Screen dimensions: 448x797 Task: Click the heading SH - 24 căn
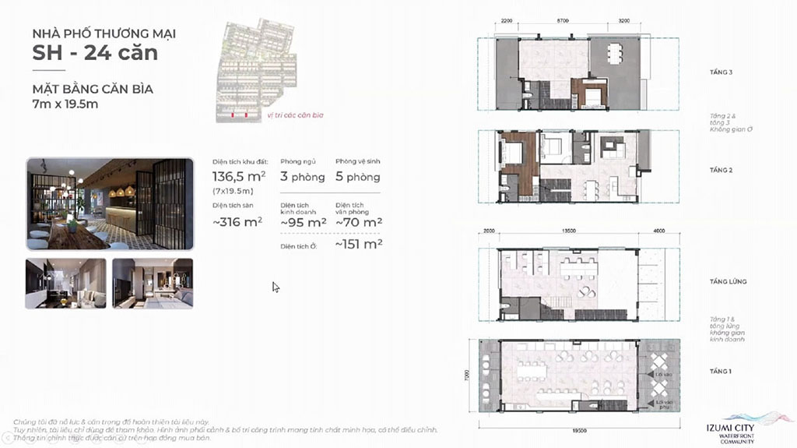pyautogui.click(x=95, y=53)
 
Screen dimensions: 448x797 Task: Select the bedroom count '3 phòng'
pyautogui.click(x=302, y=177)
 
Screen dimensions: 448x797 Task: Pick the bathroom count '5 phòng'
pyautogui.click(x=358, y=177)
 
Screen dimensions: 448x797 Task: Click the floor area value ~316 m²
pyautogui.click(x=237, y=222)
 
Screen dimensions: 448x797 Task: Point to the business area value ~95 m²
pyautogui.click(x=303, y=223)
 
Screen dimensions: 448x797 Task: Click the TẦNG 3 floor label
pyautogui.click(x=721, y=72)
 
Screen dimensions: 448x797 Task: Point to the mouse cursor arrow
pyautogui.click(x=276, y=287)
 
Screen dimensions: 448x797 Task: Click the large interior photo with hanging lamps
pyautogui.click(x=109, y=204)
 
